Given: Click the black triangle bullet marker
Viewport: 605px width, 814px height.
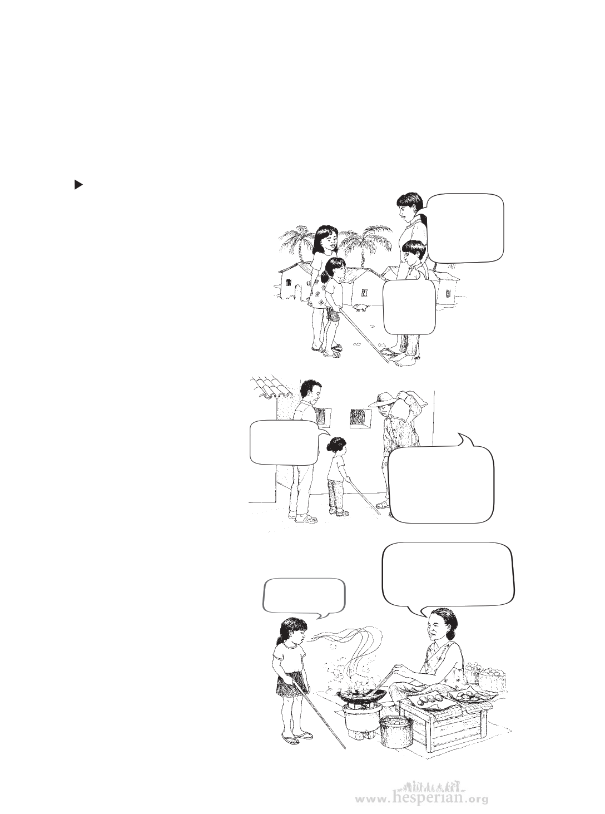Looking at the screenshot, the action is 78,185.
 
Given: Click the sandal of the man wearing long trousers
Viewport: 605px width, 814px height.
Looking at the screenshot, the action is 307,519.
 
